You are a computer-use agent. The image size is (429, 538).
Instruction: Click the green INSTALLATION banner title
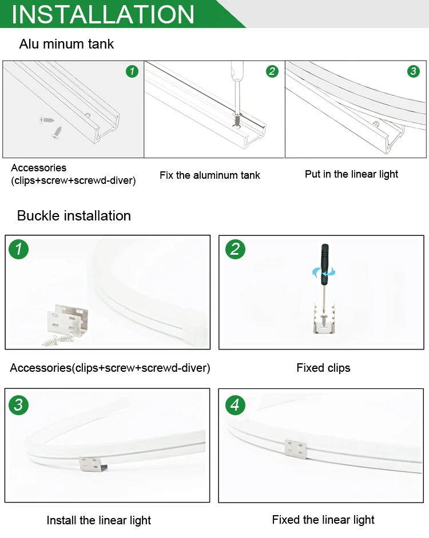click(103, 14)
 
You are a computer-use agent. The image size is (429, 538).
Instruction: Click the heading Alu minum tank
click(66, 44)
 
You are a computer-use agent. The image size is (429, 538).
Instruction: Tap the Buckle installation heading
click(74, 216)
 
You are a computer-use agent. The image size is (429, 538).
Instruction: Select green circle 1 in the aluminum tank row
click(132, 71)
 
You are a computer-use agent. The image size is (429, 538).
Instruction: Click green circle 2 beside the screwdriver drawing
click(272, 71)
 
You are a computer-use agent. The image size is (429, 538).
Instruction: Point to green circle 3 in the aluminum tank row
click(413, 71)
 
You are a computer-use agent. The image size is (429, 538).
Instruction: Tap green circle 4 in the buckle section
click(236, 405)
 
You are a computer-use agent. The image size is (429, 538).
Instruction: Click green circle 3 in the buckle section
click(18, 405)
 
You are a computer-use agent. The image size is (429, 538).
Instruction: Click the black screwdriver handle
click(324, 264)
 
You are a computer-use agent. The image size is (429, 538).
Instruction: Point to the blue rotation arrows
click(324, 273)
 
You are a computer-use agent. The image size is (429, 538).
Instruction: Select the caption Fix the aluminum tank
click(210, 175)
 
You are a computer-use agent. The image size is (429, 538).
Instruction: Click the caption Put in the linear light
click(351, 174)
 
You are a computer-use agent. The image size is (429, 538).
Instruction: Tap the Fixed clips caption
click(324, 368)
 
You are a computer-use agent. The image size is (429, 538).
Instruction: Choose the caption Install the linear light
click(98, 520)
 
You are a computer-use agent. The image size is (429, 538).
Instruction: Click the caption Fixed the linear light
click(323, 520)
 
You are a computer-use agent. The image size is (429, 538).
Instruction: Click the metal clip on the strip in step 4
click(296, 449)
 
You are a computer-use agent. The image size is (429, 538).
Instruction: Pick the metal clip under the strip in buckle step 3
click(93, 464)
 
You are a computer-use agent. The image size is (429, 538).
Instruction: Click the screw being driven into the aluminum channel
click(236, 119)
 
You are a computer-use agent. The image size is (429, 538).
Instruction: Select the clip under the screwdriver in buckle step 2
click(324, 319)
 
